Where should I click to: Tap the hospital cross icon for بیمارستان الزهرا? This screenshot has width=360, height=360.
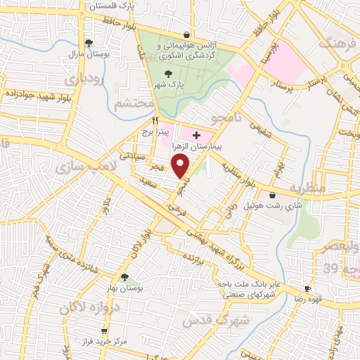tap(196, 134)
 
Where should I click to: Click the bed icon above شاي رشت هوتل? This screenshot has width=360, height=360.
tap(273, 195)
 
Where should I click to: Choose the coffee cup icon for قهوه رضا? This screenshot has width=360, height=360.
tap(307, 289)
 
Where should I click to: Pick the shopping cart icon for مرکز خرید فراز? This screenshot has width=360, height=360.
tap(104, 330)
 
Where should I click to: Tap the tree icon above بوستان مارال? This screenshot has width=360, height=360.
tap(88, 42)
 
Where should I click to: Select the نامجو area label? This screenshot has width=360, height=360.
tap(229, 112)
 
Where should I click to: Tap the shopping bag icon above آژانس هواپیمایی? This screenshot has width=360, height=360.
tap(186, 34)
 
